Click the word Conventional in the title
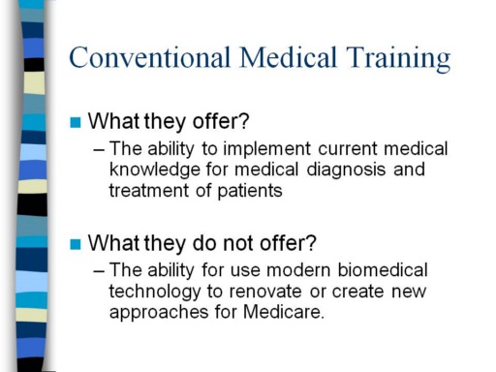pos(150,57)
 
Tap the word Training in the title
pos(398,59)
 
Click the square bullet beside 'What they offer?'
pos(76,122)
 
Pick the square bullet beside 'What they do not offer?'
pos(76,244)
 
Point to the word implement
pos(266,149)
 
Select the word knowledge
pos(155,170)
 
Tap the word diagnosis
pos(346,170)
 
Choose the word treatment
pos(149,191)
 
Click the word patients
pos(250,191)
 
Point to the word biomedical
pos(383,270)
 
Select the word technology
pos(155,293)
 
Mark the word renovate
pos(265,292)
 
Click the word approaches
pos(159,313)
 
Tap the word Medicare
pos(284,312)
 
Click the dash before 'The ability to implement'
pos(99,150)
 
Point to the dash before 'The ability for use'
pos(99,271)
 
